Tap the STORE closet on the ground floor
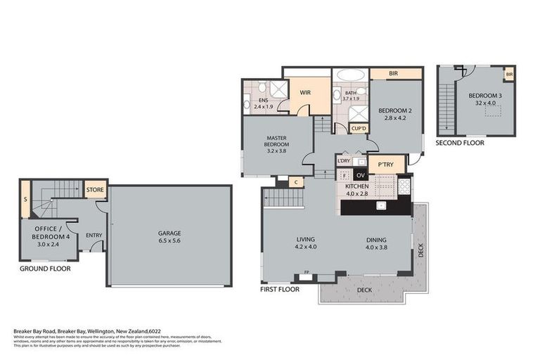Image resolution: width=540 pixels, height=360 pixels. pos(95,189)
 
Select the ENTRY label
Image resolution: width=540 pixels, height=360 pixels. pos(94,236)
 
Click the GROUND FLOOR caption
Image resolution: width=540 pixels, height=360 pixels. pos(45,269)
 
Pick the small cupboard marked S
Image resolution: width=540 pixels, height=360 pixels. pos(25,199)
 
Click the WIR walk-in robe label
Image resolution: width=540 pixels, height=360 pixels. pos(305,92)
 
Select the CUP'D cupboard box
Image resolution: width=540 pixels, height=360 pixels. pos(359,129)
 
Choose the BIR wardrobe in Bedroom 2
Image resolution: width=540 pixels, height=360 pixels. pos(396,73)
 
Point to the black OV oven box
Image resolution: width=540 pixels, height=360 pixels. pos(361,175)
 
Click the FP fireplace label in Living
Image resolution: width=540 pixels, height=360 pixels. pos(306,272)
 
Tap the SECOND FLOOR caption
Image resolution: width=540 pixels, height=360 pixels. pos(459,142)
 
